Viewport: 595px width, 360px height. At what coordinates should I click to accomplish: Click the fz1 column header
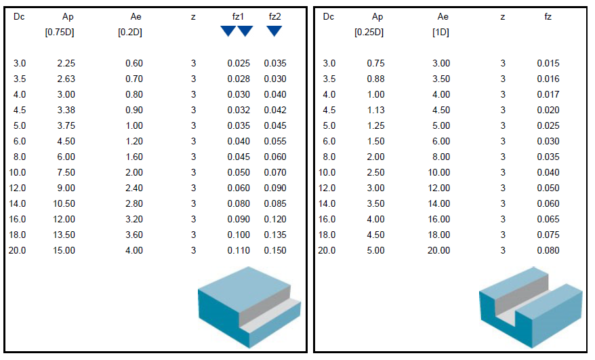pos(238,17)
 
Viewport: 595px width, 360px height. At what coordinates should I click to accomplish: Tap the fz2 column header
pos(274,17)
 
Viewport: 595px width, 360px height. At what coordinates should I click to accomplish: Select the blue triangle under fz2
pos(274,31)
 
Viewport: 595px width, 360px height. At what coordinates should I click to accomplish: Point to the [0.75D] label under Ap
pos(60,33)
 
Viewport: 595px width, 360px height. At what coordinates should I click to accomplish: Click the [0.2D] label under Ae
pos(130,33)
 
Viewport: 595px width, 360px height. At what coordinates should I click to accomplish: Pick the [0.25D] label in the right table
pos(369,33)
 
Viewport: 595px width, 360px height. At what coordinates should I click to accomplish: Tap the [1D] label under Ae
pos(440,33)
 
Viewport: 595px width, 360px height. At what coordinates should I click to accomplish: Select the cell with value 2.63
pos(66,79)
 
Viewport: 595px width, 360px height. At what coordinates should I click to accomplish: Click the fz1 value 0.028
pos(239,79)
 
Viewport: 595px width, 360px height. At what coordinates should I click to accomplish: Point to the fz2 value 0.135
pos(275,235)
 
